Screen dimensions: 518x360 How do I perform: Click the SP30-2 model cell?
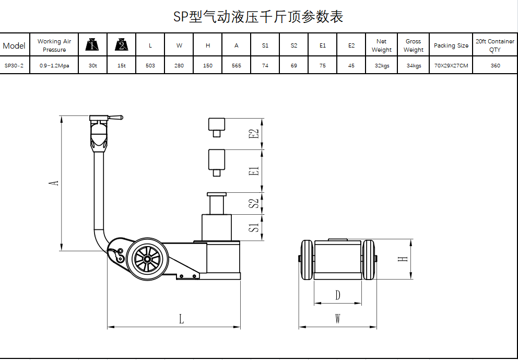click(14, 65)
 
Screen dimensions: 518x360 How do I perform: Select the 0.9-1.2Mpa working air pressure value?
click(54, 65)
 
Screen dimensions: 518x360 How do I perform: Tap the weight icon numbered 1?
click(92, 44)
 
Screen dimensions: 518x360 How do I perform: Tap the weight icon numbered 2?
click(122, 44)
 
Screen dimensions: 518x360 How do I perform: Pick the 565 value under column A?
click(237, 65)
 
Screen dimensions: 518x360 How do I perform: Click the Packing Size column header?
click(451, 45)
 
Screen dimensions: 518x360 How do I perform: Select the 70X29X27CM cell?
click(451, 65)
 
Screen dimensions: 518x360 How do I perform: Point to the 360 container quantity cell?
click(495, 65)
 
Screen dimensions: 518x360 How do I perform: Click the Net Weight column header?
click(382, 45)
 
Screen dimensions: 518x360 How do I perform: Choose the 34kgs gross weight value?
click(414, 65)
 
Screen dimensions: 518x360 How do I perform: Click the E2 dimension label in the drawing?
click(255, 134)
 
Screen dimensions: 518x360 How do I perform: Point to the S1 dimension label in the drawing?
click(255, 228)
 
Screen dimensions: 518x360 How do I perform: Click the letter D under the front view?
click(338, 295)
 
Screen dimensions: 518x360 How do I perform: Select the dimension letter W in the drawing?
click(338, 319)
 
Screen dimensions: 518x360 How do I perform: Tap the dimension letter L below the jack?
click(181, 319)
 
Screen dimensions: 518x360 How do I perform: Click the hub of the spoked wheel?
click(147, 260)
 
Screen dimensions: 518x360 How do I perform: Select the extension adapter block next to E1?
click(217, 162)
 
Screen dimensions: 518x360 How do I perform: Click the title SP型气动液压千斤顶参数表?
click(258, 17)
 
